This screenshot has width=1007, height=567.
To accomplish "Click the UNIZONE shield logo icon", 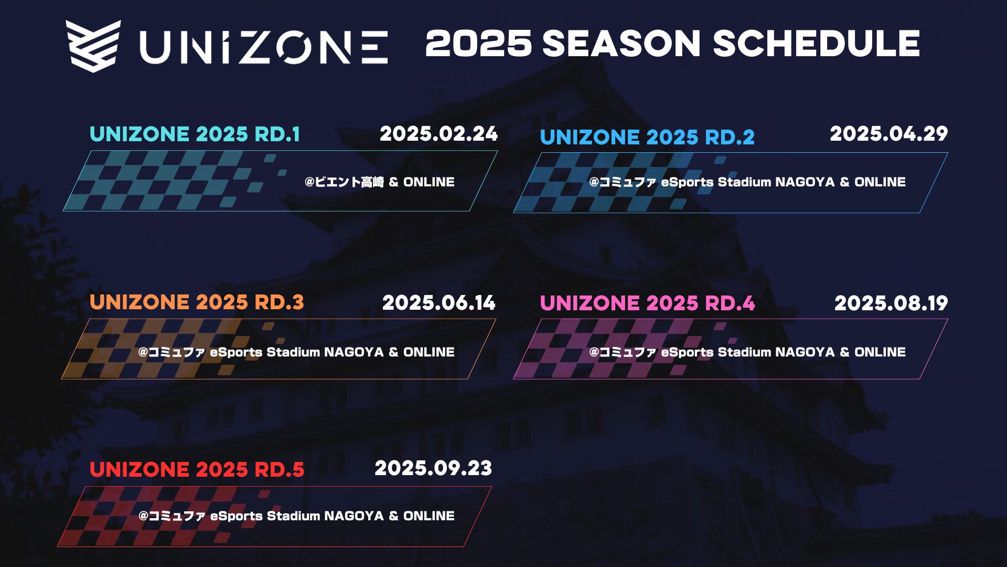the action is [x=93, y=46].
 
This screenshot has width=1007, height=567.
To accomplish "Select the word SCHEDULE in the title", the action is [x=816, y=43].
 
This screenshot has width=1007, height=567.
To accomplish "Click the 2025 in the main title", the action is [x=478, y=43].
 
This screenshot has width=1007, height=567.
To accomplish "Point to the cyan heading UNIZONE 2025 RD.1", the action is [x=195, y=134].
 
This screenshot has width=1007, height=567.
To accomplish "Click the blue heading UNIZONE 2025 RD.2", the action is [x=647, y=138].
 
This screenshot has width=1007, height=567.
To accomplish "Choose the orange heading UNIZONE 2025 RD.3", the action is [x=197, y=302].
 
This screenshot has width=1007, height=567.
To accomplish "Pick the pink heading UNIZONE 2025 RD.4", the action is [x=647, y=303].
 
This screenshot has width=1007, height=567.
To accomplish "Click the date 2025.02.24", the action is [x=438, y=134].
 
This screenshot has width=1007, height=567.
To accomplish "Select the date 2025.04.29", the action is [x=888, y=134].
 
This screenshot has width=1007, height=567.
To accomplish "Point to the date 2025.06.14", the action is [x=438, y=303].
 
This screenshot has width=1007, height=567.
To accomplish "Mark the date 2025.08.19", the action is [x=891, y=303].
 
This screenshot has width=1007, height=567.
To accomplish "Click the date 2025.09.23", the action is [x=433, y=468].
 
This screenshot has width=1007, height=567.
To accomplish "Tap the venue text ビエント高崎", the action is [x=349, y=182].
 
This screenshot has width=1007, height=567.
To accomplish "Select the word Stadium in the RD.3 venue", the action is [x=293, y=352].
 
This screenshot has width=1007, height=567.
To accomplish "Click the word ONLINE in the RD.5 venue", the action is [x=429, y=516].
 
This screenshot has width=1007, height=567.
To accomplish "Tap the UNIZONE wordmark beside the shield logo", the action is [x=264, y=47].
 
